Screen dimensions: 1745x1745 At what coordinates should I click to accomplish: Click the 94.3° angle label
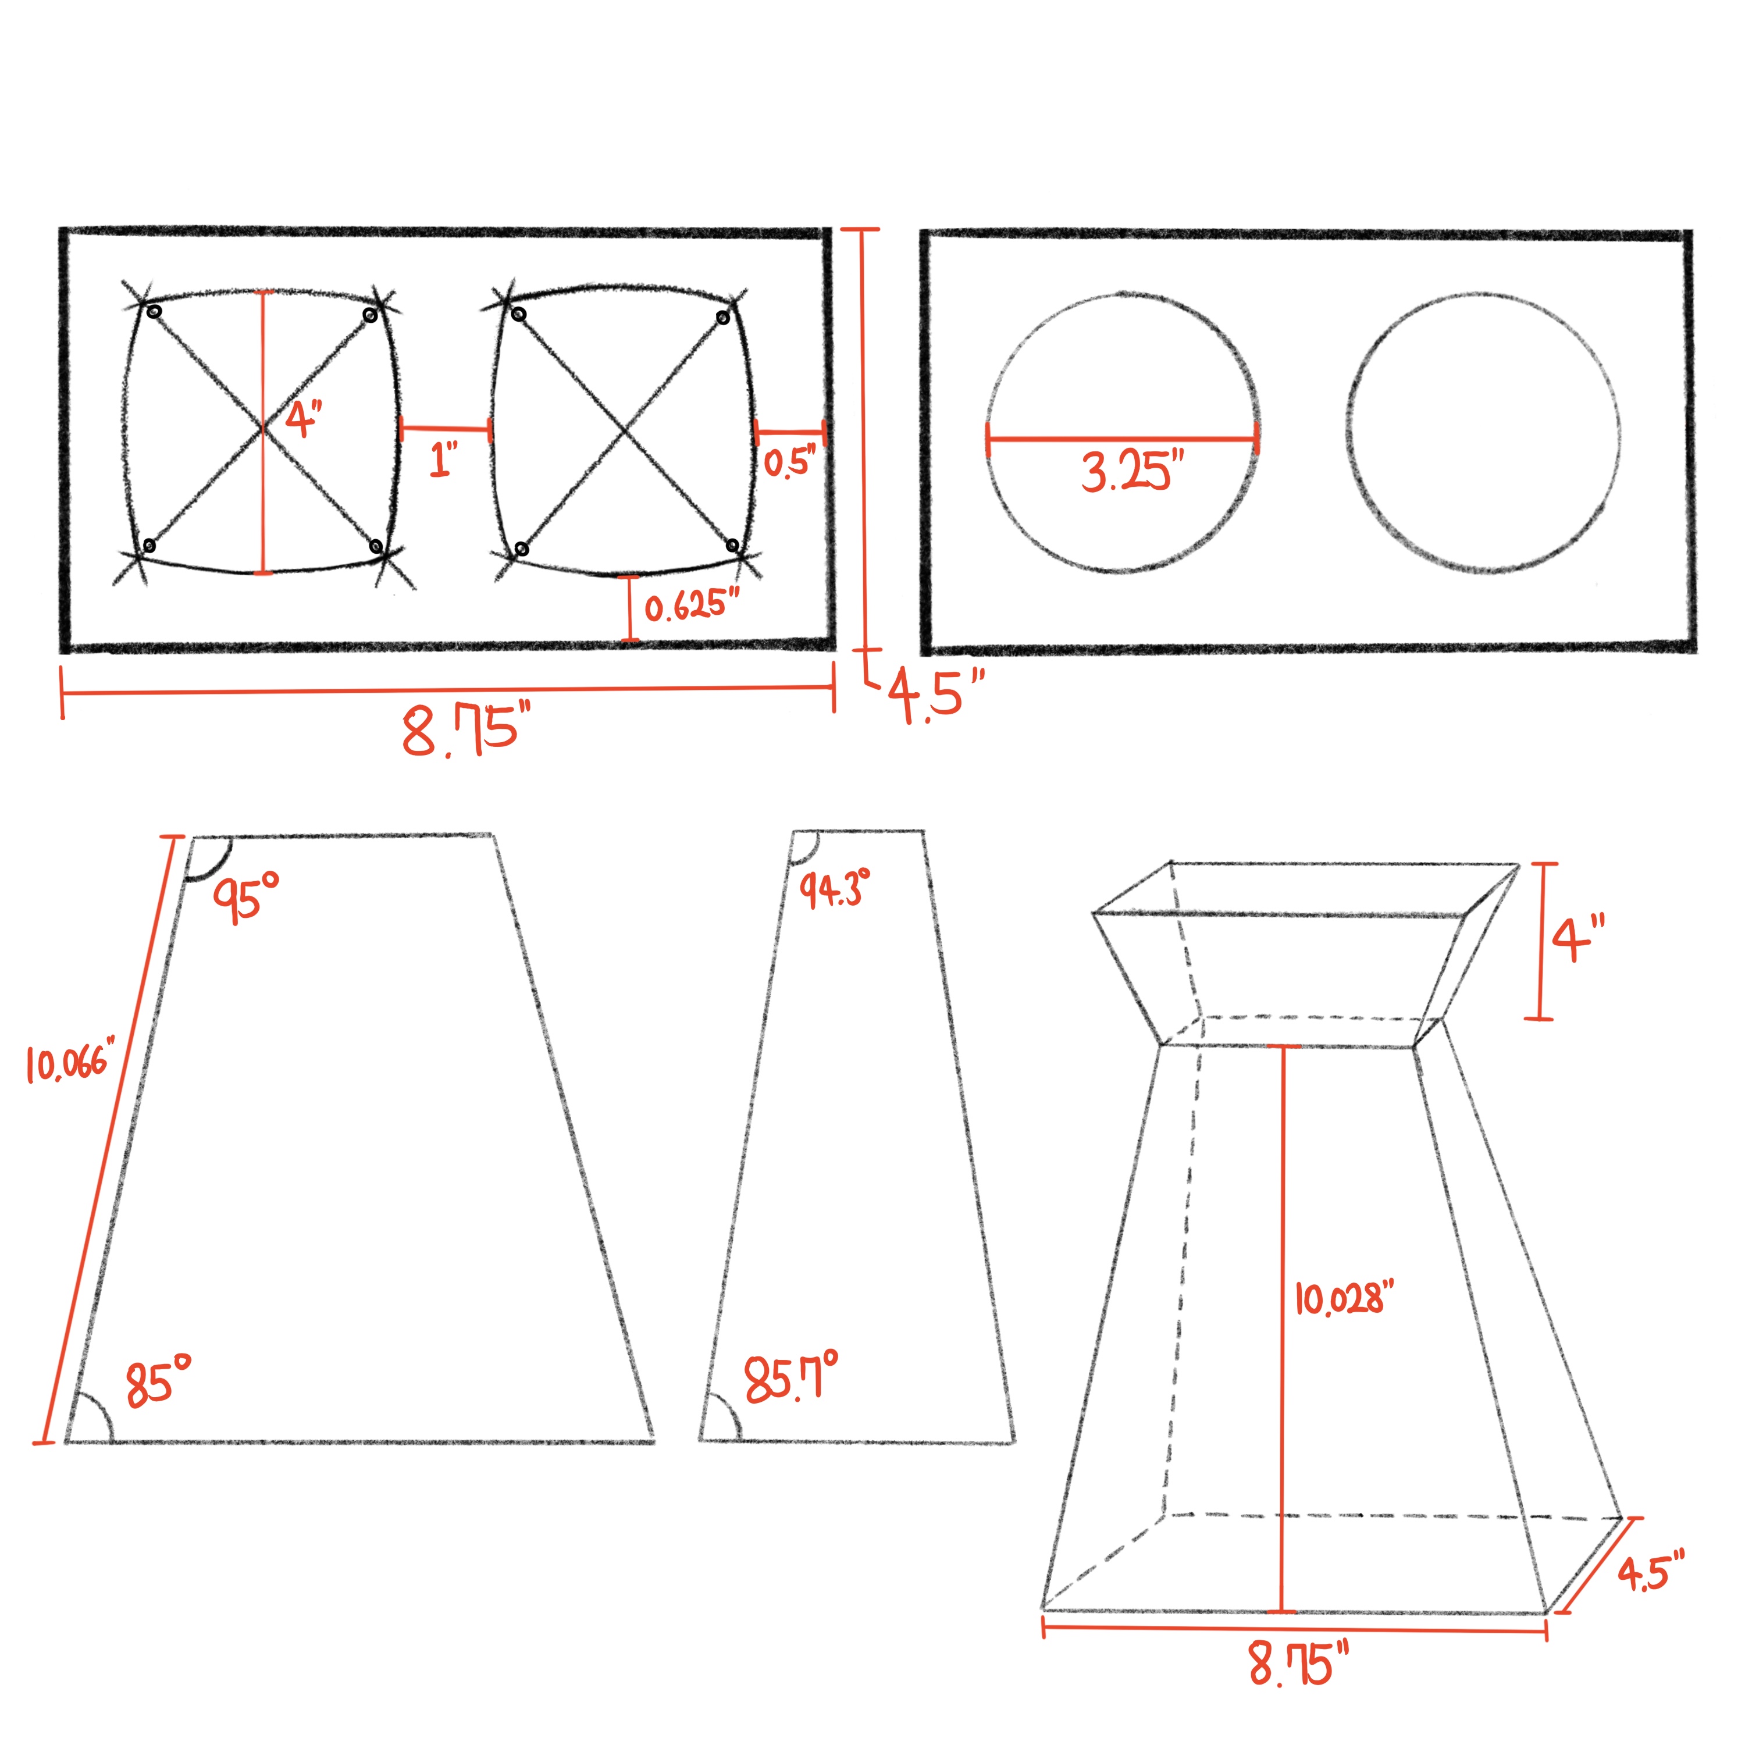(835, 889)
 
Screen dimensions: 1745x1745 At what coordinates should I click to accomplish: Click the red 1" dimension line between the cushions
(446, 429)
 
